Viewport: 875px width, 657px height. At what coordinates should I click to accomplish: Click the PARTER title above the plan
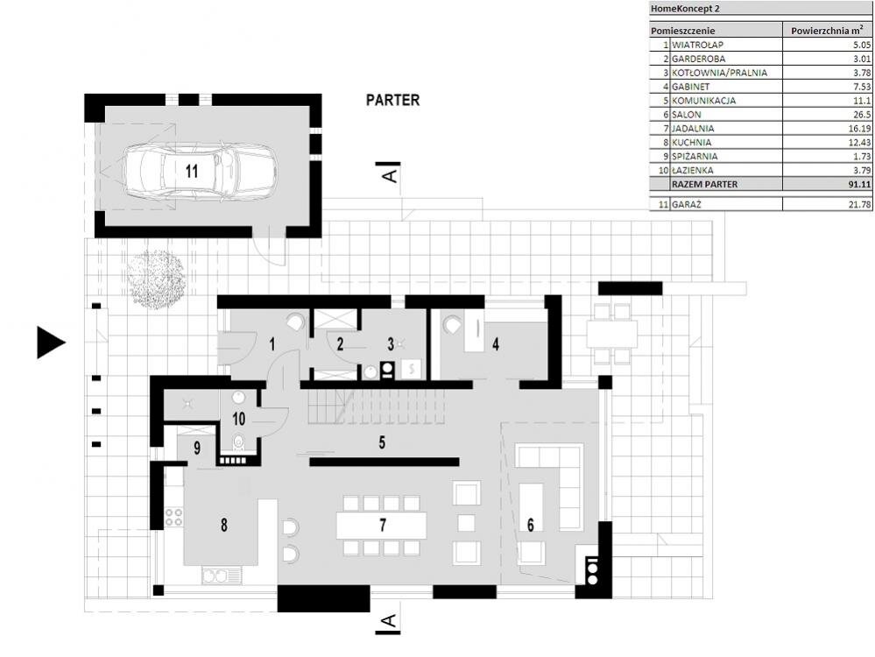pos(392,100)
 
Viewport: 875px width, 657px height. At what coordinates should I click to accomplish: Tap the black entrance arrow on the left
pos(51,343)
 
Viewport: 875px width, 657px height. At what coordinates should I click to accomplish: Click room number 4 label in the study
pos(496,344)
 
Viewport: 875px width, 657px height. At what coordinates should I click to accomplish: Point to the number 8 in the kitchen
pos(223,525)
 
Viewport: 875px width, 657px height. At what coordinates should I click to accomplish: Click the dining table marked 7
pos(382,526)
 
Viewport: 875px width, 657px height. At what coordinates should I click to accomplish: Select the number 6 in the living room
pos(530,525)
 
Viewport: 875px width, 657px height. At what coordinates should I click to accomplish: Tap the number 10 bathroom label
pos(238,418)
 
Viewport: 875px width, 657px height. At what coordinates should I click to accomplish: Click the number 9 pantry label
pos(197,449)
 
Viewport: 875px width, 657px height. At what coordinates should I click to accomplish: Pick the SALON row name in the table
pos(686,115)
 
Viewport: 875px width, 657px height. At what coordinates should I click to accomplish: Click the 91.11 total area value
pos(859,184)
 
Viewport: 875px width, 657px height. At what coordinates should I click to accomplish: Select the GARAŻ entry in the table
pos(687,204)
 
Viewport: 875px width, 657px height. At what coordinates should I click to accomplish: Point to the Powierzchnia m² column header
pos(827,31)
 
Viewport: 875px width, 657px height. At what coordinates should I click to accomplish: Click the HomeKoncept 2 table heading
pos(685,9)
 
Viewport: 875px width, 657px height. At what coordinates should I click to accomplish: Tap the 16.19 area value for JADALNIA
pos(860,129)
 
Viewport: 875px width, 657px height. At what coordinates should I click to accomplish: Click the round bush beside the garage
pos(155,278)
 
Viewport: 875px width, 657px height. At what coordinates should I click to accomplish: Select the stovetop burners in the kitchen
pos(174,517)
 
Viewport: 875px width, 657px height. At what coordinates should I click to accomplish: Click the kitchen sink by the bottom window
pos(222,575)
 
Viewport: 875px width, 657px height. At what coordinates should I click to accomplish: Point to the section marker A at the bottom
pos(388,621)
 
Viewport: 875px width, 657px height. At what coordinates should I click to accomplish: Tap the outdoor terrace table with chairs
pos(611,334)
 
